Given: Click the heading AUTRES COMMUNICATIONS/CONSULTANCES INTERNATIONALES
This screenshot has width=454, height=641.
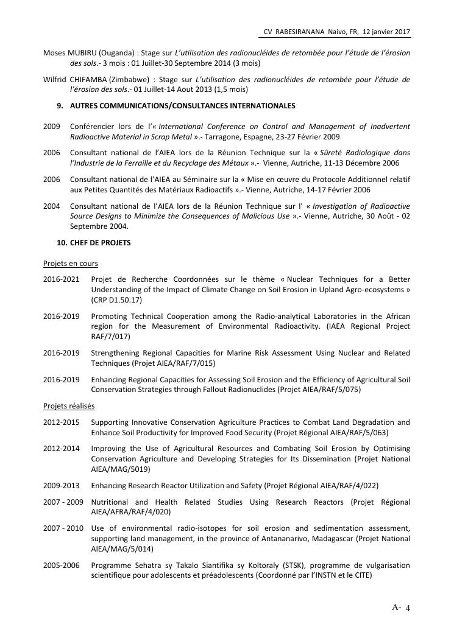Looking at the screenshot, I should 182,106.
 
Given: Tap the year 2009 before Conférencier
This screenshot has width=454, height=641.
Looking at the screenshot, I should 52,127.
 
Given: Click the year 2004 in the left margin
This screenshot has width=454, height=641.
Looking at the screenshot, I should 52,206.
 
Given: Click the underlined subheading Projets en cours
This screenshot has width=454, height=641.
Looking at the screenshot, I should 71,264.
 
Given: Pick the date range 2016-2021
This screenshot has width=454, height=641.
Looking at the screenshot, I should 62,279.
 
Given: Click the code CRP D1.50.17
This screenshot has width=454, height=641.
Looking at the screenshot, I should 116,300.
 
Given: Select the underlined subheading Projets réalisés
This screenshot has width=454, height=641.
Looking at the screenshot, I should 69,406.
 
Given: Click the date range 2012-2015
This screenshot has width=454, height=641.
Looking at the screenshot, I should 62,422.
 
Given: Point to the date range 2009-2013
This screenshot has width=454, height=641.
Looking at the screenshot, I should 62,486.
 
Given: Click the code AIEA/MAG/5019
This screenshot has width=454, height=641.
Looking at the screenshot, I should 121,469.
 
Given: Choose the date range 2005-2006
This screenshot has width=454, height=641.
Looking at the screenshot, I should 62,566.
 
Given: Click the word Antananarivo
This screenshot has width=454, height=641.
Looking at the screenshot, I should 271,539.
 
